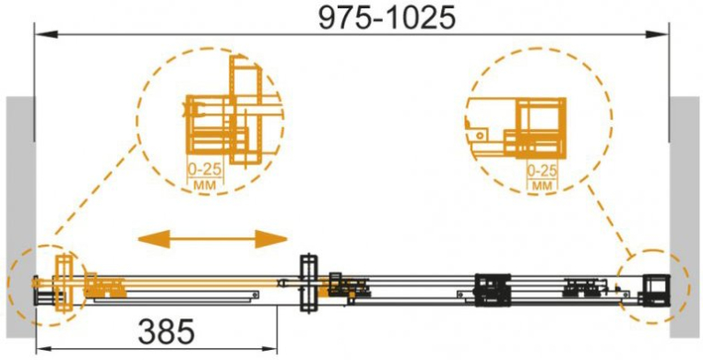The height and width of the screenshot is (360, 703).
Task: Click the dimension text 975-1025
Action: tap(387, 18)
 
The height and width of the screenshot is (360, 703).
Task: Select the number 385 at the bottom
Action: tap(167, 331)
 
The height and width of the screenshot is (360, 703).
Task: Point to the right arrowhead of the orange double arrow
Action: tap(271, 239)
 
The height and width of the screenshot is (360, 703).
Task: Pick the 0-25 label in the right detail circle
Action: tap(542, 171)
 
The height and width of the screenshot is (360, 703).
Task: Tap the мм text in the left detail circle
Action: tap(204, 185)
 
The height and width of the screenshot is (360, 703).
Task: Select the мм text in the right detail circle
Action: tap(542, 185)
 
